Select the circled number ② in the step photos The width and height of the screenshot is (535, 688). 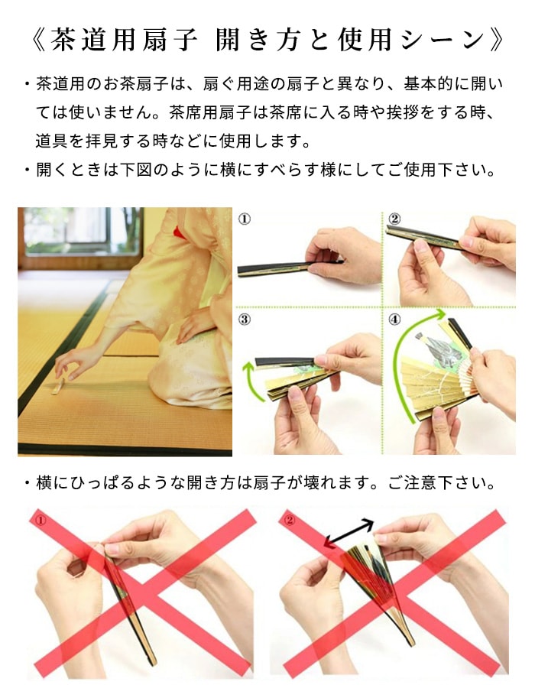click(394, 220)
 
